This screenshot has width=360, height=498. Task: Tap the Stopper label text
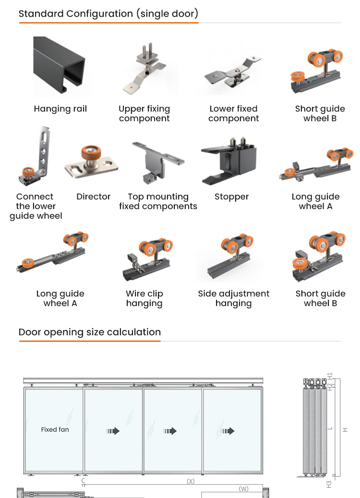coord(231,197)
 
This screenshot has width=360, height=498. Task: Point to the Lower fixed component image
coord(233,72)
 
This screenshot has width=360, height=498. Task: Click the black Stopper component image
coord(229,161)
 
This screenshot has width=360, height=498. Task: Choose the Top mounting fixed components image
coord(158,162)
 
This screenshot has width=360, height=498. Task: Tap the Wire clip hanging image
coord(148,258)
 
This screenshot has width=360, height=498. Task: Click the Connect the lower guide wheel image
coord(36,156)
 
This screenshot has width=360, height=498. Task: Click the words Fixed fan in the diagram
coord(55,429)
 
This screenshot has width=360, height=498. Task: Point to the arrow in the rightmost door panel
coord(228,431)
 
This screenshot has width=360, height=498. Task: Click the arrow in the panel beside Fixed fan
coord(113,431)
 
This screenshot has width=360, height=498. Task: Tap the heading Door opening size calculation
coord(90,332)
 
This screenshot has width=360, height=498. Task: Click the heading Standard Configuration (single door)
coord(108,13)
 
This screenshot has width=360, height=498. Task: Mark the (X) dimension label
coord(191,481)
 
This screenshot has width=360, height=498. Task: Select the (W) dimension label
coord(243,489)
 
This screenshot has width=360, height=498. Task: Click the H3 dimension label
coord(329,485)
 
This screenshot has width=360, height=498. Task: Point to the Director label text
coord(93,196)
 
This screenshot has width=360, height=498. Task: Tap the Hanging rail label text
coord(60,109)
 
